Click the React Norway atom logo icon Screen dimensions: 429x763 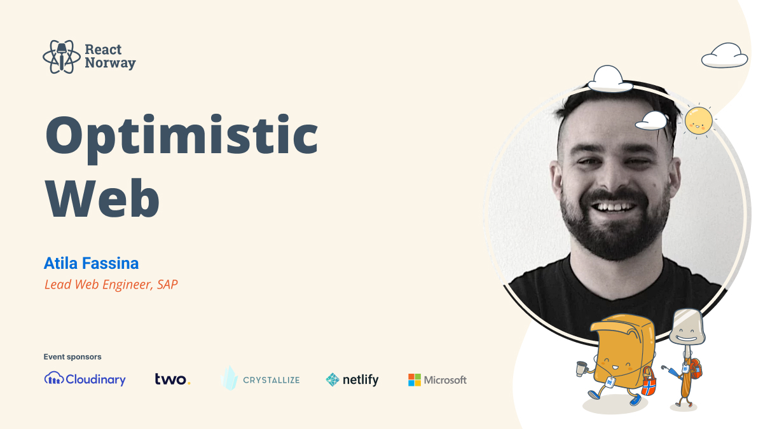[x=62, y=57]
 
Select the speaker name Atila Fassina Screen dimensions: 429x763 [x=91, y=263]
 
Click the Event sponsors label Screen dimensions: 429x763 [x=72, y=357]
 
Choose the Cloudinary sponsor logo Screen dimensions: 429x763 [x=85, y=379]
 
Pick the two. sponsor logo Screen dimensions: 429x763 [x=172, y=379]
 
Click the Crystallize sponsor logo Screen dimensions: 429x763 [x=261, y=379]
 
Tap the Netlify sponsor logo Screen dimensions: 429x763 [x=352, y=379]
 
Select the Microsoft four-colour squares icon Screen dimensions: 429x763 [x=415, y=380]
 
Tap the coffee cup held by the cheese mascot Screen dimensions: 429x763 [x=581, y=368]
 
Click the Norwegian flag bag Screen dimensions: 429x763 [x=648, y=382]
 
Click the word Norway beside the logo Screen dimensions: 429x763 [x=110, y=63]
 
